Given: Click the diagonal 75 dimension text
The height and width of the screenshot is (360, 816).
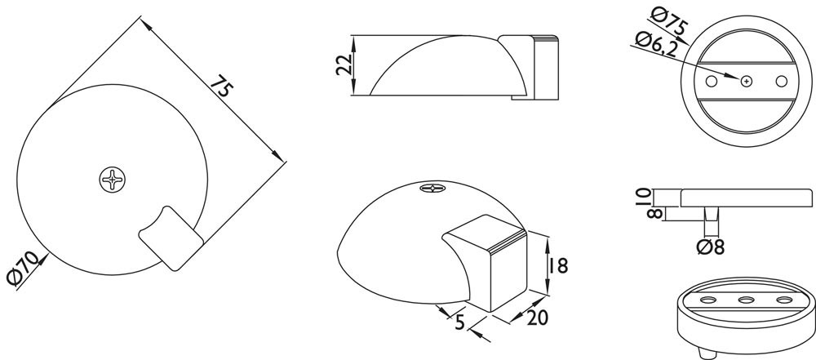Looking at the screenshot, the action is (x=219, y=88).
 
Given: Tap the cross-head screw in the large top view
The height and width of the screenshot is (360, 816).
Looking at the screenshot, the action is (x=113, y=180).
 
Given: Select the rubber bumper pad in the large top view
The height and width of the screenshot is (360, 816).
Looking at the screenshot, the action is (x=171, y=238).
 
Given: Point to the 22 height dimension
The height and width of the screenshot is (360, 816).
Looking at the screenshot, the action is (x=344, y=65).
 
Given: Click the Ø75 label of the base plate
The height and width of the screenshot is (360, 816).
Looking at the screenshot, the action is (x=670, y=21).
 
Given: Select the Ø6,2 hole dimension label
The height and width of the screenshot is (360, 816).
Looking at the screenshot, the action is (x=657, y=44).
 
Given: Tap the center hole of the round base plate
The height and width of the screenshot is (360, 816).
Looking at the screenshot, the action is (x=747, y=82).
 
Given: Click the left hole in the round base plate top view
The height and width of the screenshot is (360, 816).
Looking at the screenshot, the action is (x=712, y=82).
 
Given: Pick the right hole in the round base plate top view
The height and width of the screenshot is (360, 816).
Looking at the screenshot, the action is (x=781, y=82).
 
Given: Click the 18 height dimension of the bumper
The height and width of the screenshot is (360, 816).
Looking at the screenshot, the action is (x=557, y=265).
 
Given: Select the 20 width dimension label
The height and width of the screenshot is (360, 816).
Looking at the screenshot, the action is (x=537, y=317).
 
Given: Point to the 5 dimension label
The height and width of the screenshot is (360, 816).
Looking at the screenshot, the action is (x=459, y=323).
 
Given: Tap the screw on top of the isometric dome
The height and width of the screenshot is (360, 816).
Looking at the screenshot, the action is (x=433, y=188).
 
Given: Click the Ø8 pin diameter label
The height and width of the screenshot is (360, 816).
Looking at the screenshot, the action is (x=711, y=247).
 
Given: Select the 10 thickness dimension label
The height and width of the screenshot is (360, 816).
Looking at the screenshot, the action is (x=643, y=198).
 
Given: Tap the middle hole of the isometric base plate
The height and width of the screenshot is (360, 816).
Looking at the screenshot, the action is (x=747, y=300).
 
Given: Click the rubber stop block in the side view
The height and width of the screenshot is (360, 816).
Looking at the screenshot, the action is (x=544, y=67).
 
